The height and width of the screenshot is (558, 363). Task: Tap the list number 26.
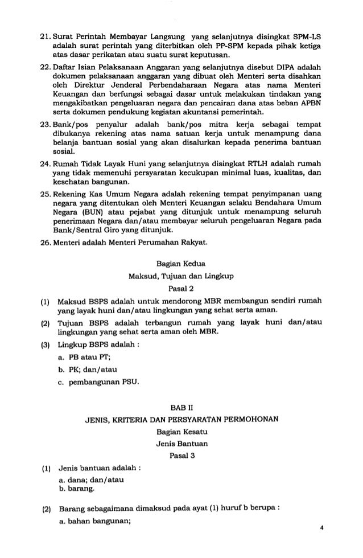[41, 244]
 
